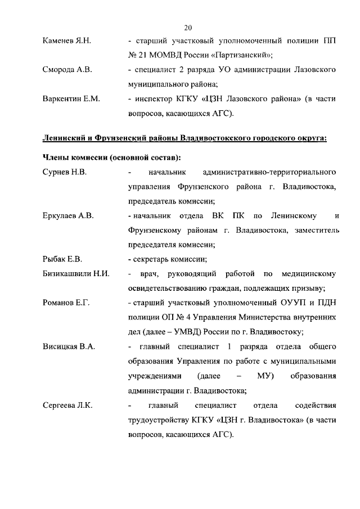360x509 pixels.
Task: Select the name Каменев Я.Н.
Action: pyautogui.click(x=66, y=41)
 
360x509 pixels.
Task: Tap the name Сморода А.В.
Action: pyautogui.click(x=67, y=70)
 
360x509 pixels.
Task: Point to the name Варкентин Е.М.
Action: pyautogui.click(x=71, y=99)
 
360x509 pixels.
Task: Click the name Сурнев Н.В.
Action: pyautogui.click(x=65, y=171)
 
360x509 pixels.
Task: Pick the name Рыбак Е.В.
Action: pyautogui.click(x=62, y=259)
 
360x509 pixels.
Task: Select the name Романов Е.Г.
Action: pyautogui.click(x=66, y=303)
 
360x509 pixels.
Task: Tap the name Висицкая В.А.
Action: pyautogui.click(x=69, y=346)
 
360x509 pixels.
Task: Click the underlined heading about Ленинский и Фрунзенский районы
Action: pyautogui.click(x=184, y=138)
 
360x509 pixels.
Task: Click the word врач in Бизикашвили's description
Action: pyautogui.click(x=151, y=274)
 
